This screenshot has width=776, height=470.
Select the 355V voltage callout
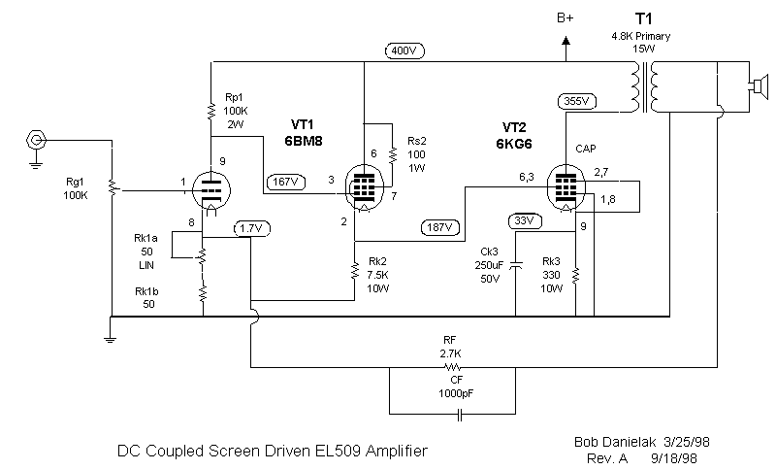[578, 100]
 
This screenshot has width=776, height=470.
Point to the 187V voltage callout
[439, 228]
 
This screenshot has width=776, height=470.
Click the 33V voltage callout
[525, 220]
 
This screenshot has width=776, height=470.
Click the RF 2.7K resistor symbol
[450, 368]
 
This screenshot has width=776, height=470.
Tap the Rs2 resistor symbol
[391, 154]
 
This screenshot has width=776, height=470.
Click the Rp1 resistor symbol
[210, 111]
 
